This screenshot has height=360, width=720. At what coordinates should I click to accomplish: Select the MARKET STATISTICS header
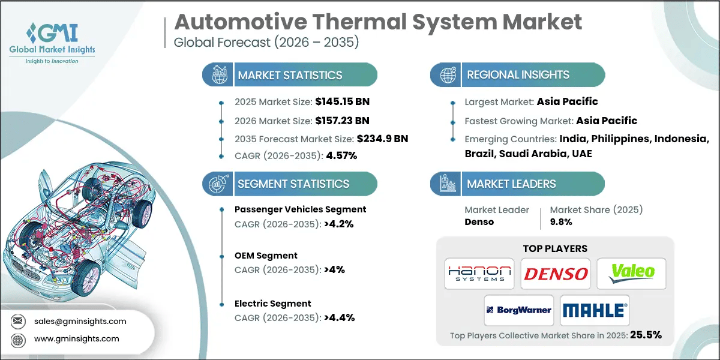[290, 75]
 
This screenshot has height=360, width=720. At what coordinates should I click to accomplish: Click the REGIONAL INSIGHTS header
[518, 75]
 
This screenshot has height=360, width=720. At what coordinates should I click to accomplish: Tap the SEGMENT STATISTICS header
[293, 184]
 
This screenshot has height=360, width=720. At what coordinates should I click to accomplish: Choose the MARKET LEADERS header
[511, 184]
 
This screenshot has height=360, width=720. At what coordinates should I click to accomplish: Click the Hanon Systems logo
[479, 274]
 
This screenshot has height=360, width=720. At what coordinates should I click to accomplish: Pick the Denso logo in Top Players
[556, 274]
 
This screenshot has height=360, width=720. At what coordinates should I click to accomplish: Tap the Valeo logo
[631, 273]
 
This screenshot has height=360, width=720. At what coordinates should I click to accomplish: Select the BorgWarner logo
[518, 310]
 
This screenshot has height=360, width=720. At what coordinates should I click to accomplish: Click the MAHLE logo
[594, 310]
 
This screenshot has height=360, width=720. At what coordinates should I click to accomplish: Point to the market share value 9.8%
[560, 221]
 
